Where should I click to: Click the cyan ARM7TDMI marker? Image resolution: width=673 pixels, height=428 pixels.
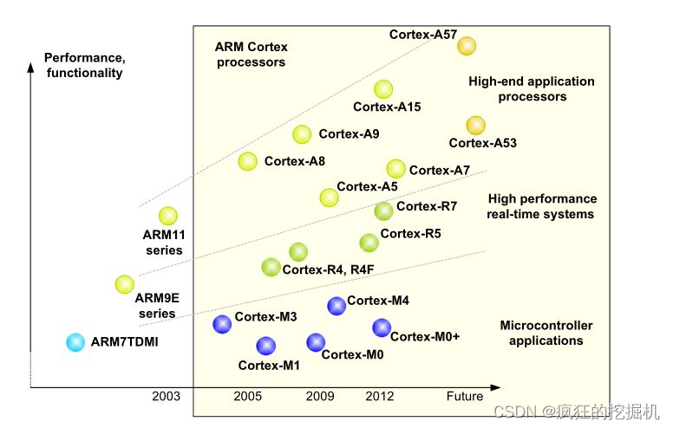coord(76,342)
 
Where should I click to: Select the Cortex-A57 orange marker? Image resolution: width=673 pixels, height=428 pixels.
coord(467,46)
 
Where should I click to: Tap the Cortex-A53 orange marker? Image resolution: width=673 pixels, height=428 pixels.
coord(475,126)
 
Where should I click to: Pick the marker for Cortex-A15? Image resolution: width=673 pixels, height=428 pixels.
coord(383,88)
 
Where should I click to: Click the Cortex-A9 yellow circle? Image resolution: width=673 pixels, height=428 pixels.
coord(302,133)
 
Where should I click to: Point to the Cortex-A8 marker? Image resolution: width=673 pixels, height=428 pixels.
coord(248,160)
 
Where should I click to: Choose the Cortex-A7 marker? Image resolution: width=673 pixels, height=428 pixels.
coord(395,169)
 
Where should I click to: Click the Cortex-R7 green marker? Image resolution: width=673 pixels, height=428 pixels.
coord(383,211)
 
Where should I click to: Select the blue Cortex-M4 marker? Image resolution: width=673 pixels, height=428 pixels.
coord(336,305)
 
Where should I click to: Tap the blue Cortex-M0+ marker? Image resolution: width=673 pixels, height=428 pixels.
coord(382,327)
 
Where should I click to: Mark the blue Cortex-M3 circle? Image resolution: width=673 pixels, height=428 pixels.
coord(223,324)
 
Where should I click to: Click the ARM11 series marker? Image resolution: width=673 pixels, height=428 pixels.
coord(168,216)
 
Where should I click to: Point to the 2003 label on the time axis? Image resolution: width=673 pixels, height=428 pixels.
coord(166,397)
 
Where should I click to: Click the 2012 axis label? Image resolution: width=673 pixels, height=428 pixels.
coord(379,397)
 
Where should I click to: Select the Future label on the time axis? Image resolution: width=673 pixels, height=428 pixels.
coord(465,397)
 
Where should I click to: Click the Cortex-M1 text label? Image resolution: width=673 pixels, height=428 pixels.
coord(269,365)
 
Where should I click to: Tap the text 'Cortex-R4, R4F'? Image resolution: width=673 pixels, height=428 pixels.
coord(328,269)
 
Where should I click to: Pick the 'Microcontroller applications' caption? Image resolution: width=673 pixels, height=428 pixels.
coord(546,333)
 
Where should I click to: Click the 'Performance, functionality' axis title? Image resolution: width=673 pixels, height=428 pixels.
coord(83,66)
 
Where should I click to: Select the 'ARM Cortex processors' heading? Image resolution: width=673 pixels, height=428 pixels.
coord(252,55)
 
